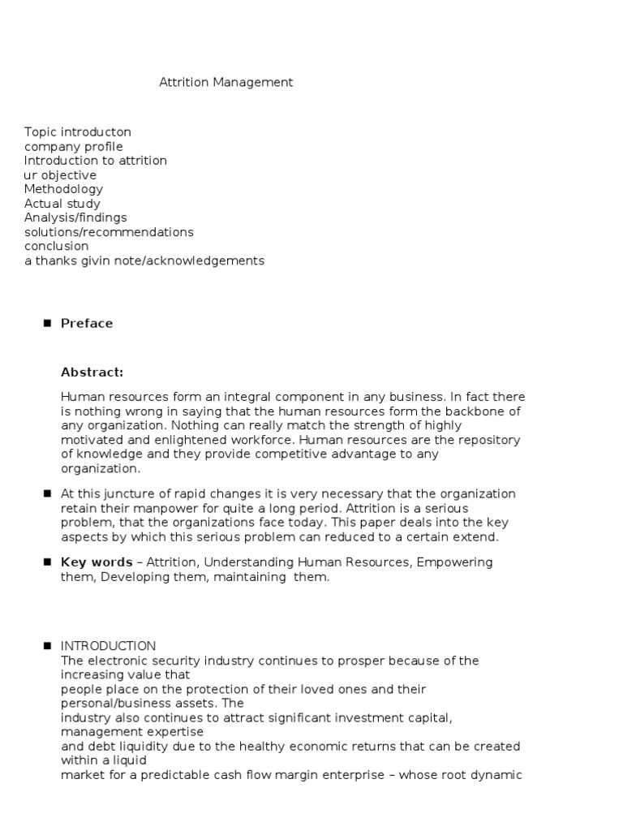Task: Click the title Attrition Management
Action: [x=226, y=82]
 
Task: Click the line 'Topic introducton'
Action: [x=77, y=131]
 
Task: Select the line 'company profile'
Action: [x=73, y=146]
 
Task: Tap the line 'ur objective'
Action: [x=60, y=174]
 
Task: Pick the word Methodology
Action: [x=63, y=189]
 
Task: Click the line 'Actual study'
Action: [x=62, y=204]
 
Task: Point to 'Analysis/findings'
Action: [x=75, y=217]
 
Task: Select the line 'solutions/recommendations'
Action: [x=109, y=232]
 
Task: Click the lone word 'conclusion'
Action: [x=56, y=246]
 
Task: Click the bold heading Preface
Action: [x=87, y=323]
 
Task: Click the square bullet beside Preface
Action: [x=46, y=323]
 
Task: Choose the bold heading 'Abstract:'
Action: [x=92, y=372]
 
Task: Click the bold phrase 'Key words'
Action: [x=97, y=562]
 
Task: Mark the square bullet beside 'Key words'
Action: [x=46, y=562]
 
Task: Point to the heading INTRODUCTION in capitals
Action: [x=108, y=646]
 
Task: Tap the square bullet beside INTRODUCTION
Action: [x=46, y=646]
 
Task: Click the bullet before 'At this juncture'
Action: [x=46, y=493]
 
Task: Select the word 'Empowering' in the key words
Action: [x=454, y=562]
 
